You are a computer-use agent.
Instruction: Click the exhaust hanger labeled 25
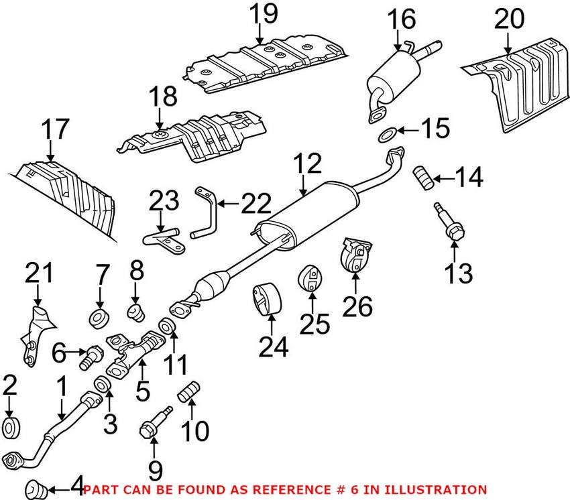pos(311,279)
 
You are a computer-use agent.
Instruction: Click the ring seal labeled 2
pos(12,426)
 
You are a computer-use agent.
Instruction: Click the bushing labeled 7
pos(99,316)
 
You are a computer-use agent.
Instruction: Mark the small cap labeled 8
pos(137,310)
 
